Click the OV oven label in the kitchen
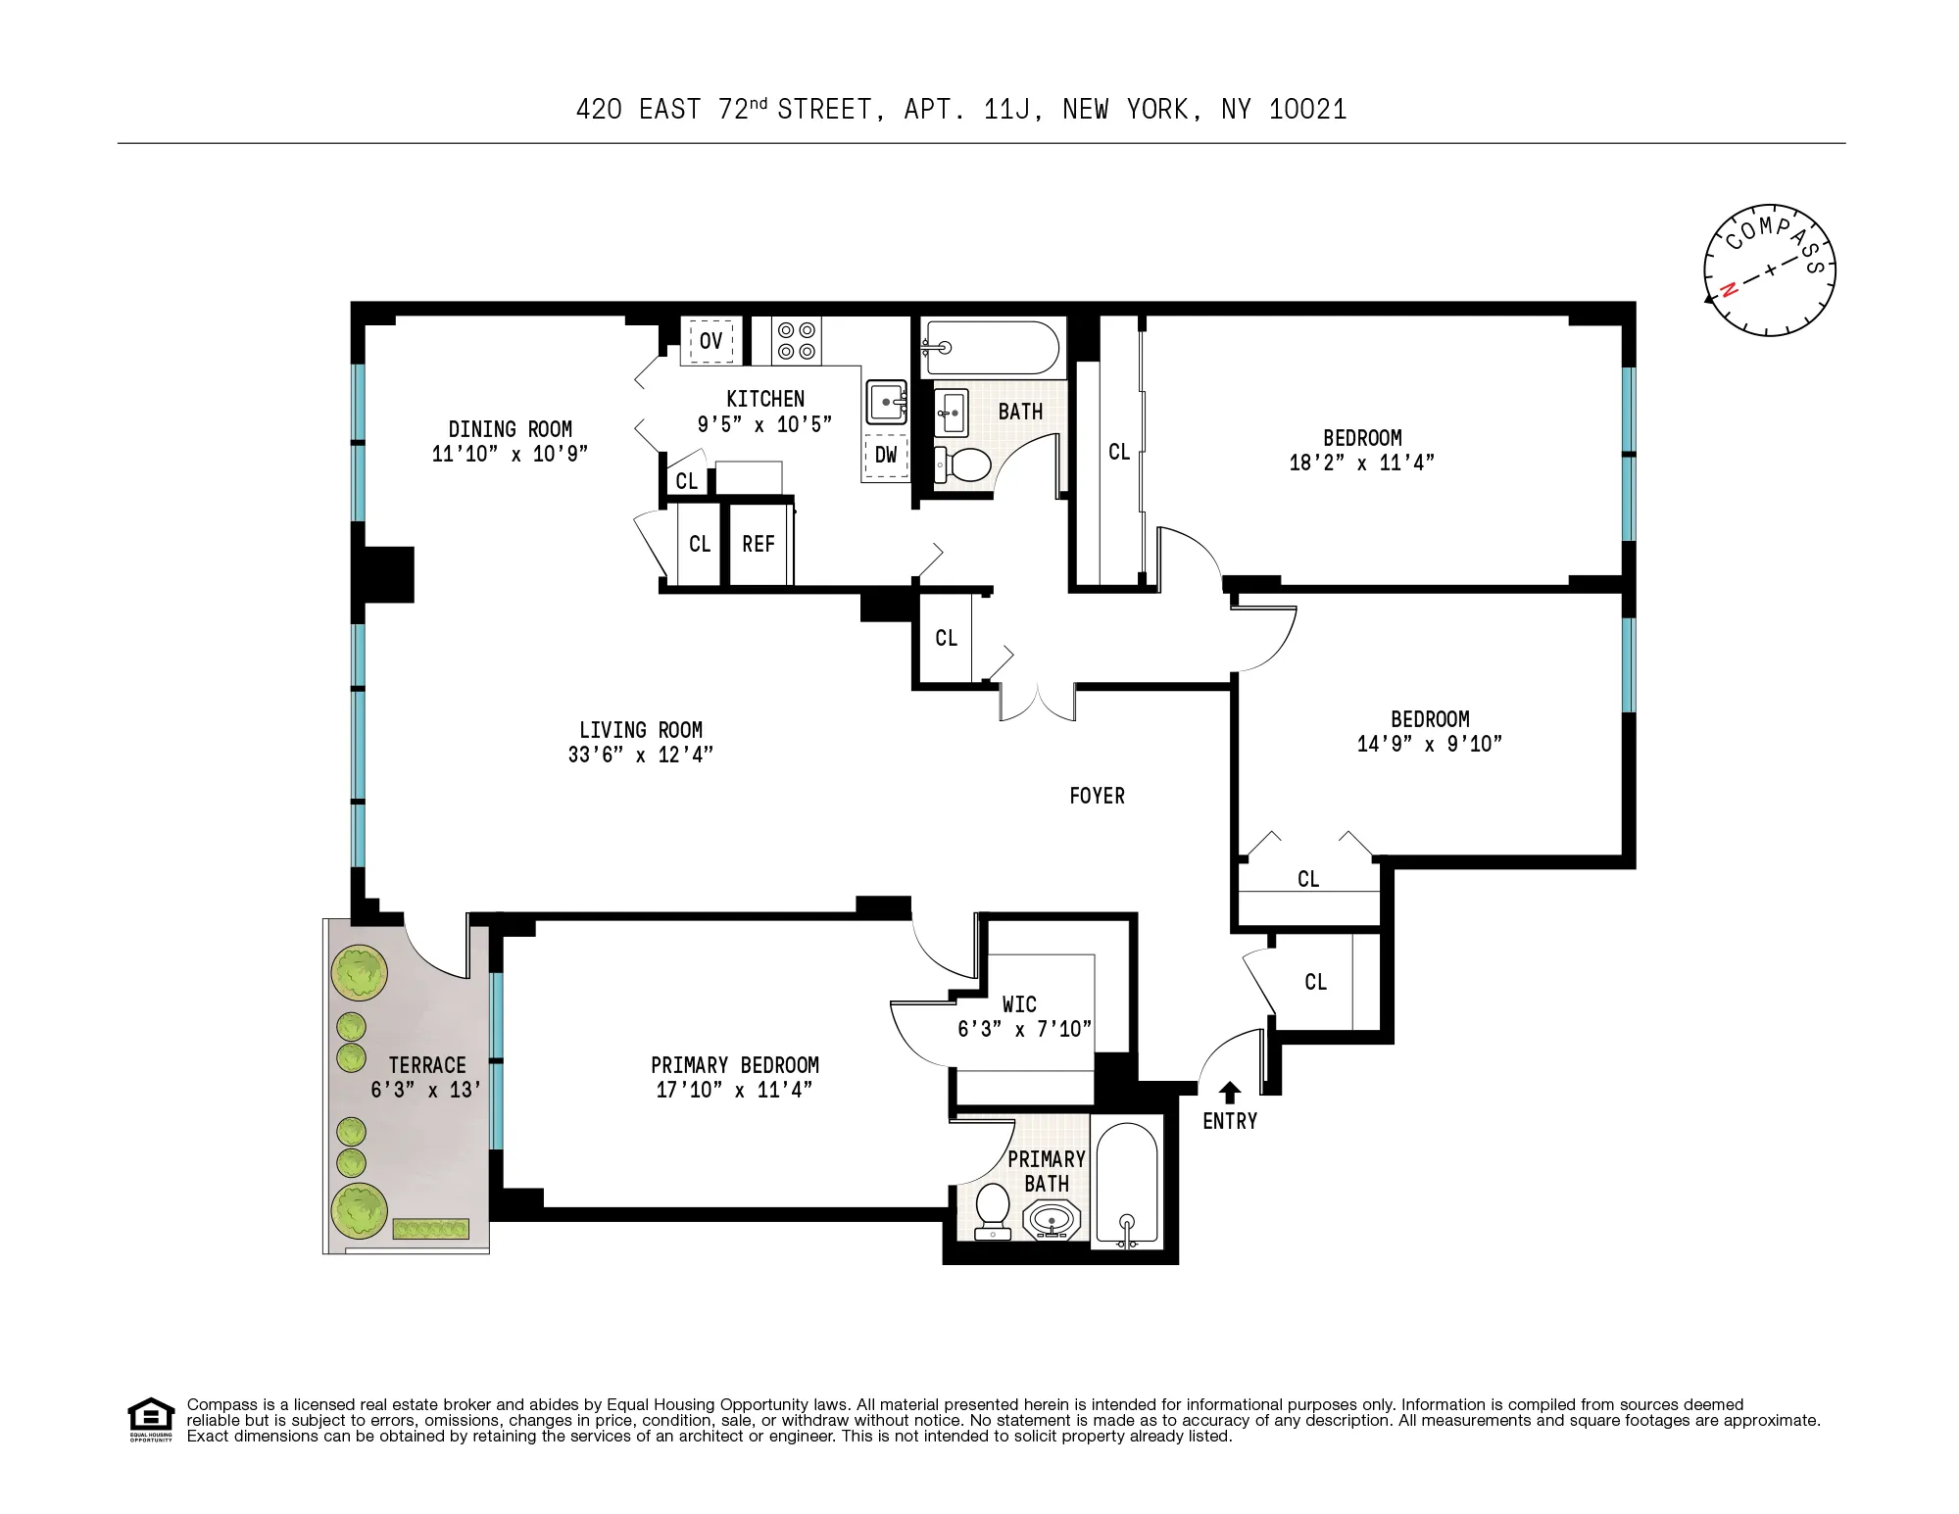pos(710,341)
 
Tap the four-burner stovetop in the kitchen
pos(796,341)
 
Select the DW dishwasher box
pos(886,456)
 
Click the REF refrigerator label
pos(758,545)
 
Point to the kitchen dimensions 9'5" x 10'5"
pos(764,424)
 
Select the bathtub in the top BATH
pos(990,347)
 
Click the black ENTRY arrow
pos(1229,1093)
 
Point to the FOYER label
pos(1097,796)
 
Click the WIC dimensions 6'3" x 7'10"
pos(1024,1029)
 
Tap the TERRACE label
pos(426,1065)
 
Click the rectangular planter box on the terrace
pos(430,1229)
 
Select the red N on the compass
pos(1729,289)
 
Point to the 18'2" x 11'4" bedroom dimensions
pos(1361,463)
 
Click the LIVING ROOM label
pos(640,730)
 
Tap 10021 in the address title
pos(1307,110)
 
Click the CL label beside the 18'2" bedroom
pos(1118,453)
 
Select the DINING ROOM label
pos(510,429)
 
